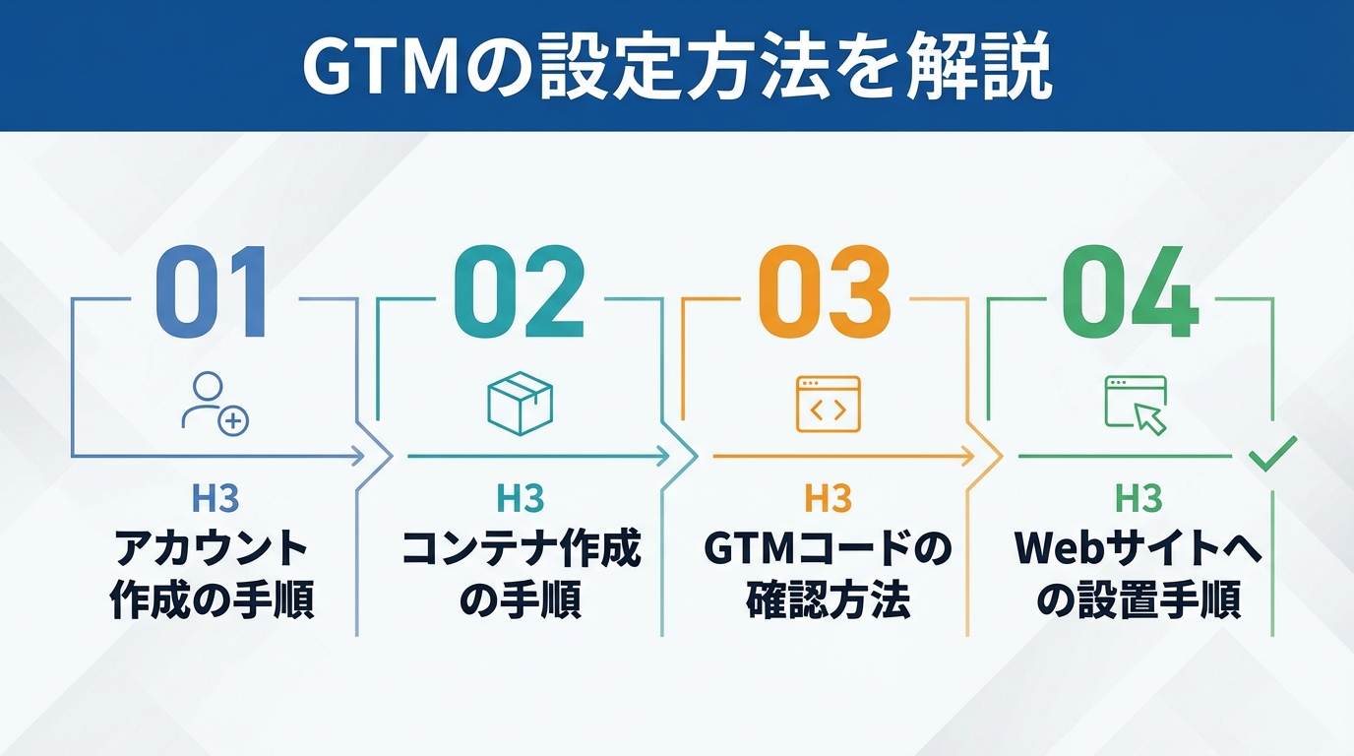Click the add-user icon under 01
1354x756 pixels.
tap(215, 402)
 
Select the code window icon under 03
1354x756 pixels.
tap(828, 404)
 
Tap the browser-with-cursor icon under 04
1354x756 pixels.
tap(1136, 404)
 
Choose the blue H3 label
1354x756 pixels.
tap(215, 499)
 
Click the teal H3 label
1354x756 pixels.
tap(521, 499)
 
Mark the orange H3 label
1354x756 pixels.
tap(828, 499)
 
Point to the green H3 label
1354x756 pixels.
tap(1139, 499)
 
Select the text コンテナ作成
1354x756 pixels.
tap(521, 549)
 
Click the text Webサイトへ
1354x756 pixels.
tap(1139, 549)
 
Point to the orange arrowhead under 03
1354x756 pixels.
tap(968, 456)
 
